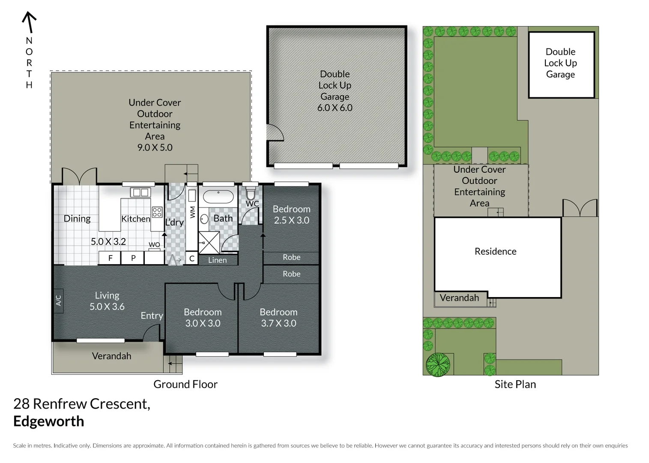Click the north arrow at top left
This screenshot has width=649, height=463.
click(29, 22)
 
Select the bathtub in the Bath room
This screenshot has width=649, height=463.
click(218, 197)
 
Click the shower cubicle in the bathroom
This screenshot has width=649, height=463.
click(209, 243)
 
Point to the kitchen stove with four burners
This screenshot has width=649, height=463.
click(157, 212)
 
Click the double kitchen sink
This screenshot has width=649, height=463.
click(140, 192)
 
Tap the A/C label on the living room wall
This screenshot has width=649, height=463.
click(59, 301)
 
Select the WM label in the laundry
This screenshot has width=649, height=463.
click(192, 212)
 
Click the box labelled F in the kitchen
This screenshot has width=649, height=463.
click(110, 258)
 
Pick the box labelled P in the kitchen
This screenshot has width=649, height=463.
click(133, 258)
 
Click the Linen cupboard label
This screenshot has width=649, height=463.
click(217, 260)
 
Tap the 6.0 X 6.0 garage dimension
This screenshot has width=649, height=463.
click(335, 108)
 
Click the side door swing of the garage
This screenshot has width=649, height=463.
click(275, 132)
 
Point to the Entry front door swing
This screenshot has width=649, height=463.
click(152, 333)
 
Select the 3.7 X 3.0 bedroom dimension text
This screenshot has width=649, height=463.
click(278, 323)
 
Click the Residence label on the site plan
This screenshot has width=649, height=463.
click(495, 252)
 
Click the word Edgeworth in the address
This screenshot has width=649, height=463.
click(49, 421)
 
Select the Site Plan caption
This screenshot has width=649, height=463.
click(515, 385)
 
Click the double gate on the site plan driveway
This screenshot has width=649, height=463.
click(580, 208)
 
